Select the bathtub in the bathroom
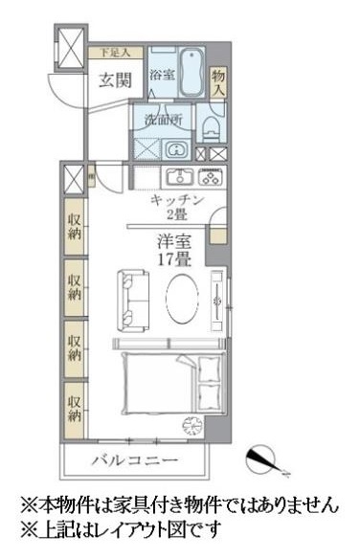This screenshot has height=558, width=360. pos(187,71)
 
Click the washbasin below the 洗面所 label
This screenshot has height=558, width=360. pos(176,150)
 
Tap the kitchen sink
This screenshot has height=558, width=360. pos(180,177)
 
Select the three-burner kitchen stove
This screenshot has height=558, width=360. pos(211,177)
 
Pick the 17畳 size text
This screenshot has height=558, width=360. pos(173,258)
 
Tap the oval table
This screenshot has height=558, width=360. pos(184,300)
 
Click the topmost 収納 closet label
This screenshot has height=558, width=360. pos(75,226)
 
